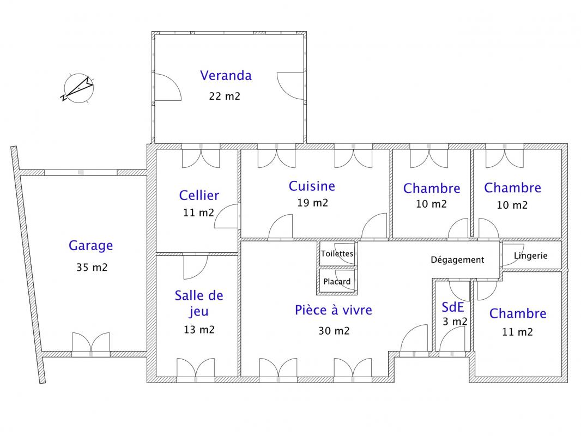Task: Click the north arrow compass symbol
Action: [x=78, y=88]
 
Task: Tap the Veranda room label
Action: [x=226, y=76]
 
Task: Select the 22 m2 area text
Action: [x=225, y=96]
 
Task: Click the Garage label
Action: [x=91, y=246]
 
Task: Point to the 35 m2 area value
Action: [x=92, y=268]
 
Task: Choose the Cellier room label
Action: [x=199, y=196]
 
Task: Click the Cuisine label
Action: [x=312, y=186]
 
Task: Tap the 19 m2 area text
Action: [x=312, y=203]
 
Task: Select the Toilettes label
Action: [x=337, y=254]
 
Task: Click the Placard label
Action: [x=337, y=282]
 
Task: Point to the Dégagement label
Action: [x=457, y=260]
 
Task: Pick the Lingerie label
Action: [x=531, y=256]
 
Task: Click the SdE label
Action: [x=453, y=307]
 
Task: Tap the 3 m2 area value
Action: [x=455, y=322]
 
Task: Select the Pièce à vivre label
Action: [x=334, y=310]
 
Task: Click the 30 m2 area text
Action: [x=334, y=331]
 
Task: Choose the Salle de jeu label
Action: [x=199, y=304]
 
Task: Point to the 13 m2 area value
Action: [x=199, y=330]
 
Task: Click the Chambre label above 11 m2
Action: [x=518, y=314]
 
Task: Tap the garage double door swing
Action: [x=91, y=342]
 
